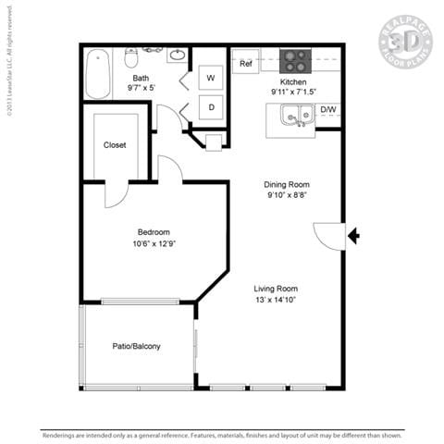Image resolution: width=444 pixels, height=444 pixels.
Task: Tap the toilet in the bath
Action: [130, 55]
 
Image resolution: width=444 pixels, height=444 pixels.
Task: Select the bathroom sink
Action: [176, 55]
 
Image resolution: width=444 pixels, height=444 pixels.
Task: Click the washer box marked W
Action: [212, 79]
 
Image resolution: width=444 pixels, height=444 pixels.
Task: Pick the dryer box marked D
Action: [212, 107]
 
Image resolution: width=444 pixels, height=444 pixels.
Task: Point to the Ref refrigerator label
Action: [246, 64]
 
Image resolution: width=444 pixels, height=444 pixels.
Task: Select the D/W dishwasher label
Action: [328, 110]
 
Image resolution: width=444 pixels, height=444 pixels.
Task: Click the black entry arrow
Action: [353, 236]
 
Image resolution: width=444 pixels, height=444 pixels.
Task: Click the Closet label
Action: [115, 145]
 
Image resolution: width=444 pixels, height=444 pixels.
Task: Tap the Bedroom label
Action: [154, 232]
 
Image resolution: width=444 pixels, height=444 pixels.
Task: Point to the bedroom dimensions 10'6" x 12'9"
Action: [154, 245]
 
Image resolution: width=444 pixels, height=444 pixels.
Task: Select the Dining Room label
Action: [287, 183]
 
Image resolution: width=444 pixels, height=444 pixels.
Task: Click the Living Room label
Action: [277, 288]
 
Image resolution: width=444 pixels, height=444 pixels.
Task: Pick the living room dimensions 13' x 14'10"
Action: [277, 301]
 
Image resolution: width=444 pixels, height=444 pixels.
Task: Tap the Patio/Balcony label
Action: [136, 346]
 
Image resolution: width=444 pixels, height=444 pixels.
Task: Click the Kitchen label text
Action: [293, 81]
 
